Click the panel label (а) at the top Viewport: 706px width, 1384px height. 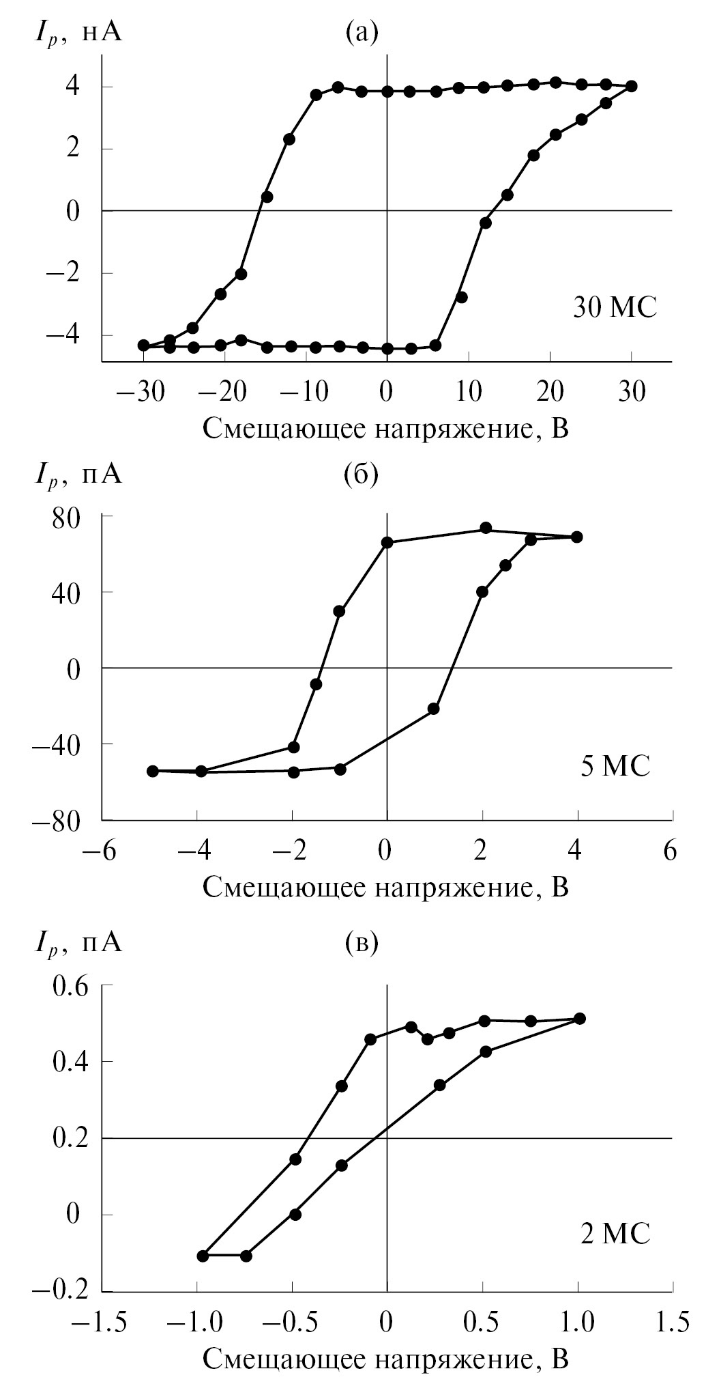[x=362, y=32]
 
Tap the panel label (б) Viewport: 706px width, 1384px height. [x=361, y=474]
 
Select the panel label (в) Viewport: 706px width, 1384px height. [x=361, y=943]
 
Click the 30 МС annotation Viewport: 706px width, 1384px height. [x=615, y=308]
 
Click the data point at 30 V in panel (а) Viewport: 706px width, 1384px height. [x=632, y=86]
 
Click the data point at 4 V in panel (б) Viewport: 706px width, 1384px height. [x=577, y=537]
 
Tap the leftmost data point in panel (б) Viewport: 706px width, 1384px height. [x=153, y=771]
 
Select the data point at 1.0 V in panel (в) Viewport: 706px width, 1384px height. [x=580, y=1019]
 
